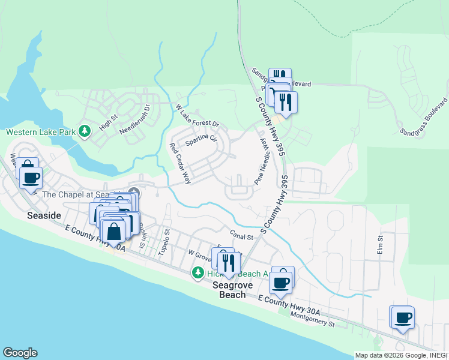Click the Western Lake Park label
pos(41,131)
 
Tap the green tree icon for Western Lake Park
pos(85,131)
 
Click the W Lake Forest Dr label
pos(197,116)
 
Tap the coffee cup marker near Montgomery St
pos(403,317)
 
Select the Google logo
pos(20,353)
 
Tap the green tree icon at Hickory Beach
pos(197,274)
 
